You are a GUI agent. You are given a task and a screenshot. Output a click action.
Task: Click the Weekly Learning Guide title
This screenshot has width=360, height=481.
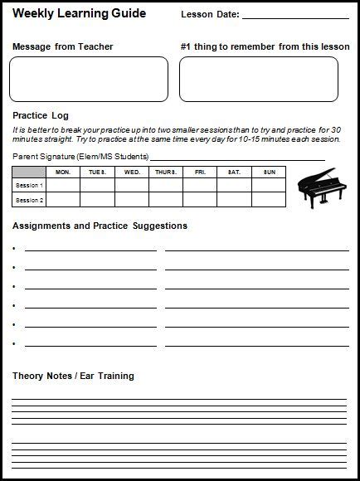tap(79, 13)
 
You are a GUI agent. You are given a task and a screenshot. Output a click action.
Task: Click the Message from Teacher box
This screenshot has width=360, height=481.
tap(89, 79)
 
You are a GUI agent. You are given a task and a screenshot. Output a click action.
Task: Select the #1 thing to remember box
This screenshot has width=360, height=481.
tap(258, 79)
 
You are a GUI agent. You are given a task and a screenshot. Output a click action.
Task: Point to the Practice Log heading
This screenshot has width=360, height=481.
tap(41, 115)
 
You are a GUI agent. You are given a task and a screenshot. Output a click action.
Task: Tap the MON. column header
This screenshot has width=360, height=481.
tap(62, 172)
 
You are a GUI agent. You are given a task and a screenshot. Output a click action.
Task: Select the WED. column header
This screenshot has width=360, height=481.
tap(132, 172)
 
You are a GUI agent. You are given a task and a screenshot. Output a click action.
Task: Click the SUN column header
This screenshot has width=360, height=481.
tap(269, 172)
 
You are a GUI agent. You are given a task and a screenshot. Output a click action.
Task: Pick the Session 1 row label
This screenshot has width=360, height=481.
tap(29, 185)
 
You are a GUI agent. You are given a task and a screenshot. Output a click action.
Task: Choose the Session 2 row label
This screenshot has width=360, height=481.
tap(29, 200)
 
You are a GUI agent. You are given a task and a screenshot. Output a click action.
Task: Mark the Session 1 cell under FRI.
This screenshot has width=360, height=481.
tap(200, 185)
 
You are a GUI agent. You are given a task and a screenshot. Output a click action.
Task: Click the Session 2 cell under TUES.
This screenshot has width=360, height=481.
tap(97, 200)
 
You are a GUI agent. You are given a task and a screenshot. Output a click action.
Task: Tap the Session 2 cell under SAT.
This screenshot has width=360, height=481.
tap(235, 200)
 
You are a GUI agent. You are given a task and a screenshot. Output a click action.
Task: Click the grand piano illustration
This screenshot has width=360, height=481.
tap(319, 188)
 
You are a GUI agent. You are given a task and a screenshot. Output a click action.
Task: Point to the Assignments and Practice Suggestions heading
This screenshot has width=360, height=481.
tap(100, 226)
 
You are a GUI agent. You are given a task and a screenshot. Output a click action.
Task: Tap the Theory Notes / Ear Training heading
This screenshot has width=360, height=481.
tap(73, 376)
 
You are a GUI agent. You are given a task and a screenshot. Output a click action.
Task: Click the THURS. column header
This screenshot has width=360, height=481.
tap(166, 172)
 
